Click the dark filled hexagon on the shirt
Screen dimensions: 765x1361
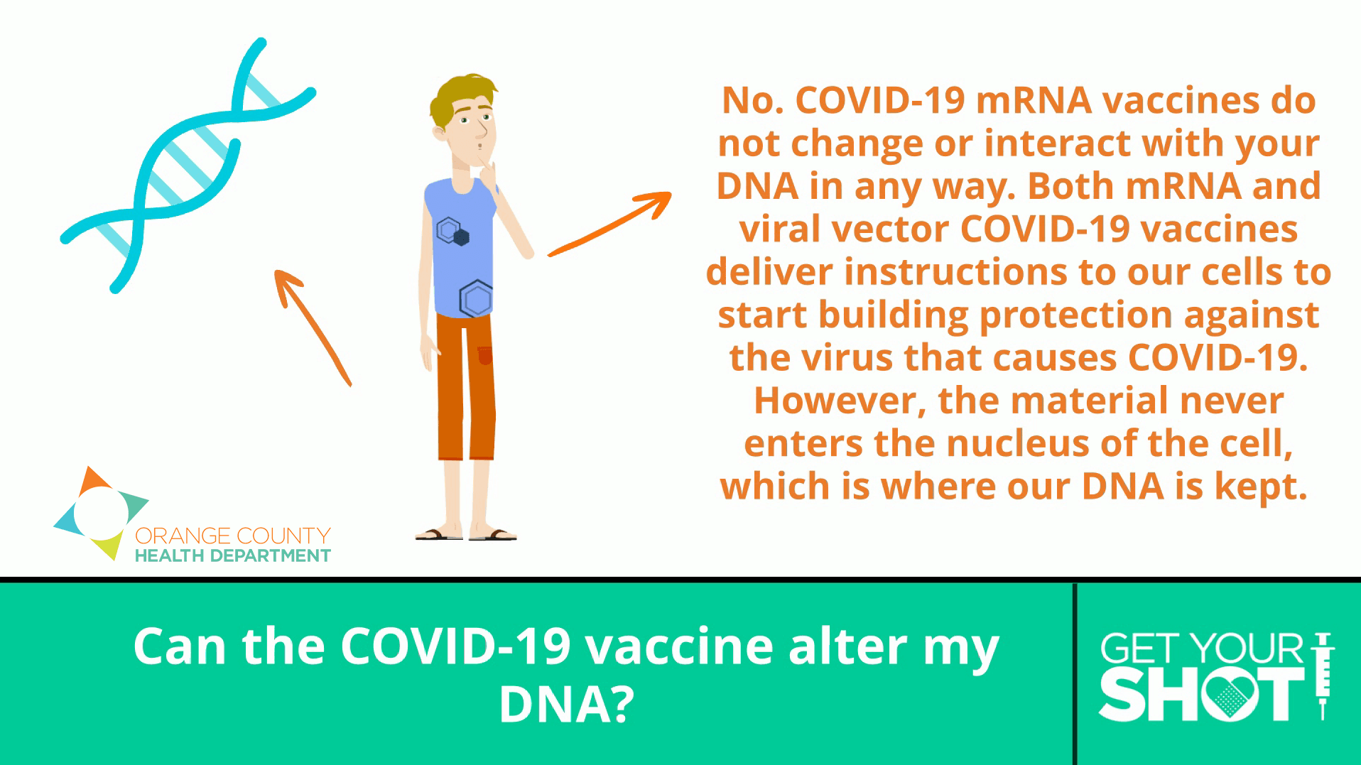click(462, 237)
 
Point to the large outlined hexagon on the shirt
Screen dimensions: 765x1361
click(476, 298)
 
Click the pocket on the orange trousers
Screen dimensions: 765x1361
click(485, 355)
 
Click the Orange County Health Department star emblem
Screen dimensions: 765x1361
click(99, 512)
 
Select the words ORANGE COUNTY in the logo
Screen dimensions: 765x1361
click(233, 536)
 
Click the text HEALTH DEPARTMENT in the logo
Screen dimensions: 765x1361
click(233, 556)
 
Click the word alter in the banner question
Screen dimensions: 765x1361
click(848, 646)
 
